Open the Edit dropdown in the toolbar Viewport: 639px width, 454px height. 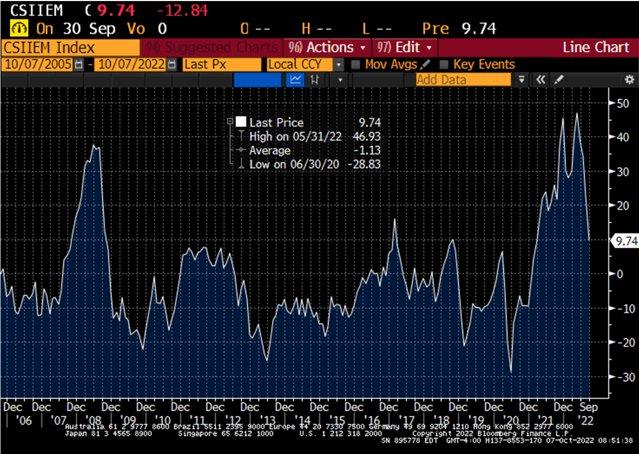click(405, 48)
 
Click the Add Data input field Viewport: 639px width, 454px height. click(463, 80)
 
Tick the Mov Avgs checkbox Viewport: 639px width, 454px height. click(355, 65)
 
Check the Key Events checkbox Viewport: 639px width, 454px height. click(444, 65)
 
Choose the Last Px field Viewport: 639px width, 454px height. click(222, 65)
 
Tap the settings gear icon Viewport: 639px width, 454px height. click(629, 80)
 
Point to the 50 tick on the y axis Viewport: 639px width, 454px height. click(623, 103)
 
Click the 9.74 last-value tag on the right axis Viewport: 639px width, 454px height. click(623, 240)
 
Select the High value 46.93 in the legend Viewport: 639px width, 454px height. click(367, 137)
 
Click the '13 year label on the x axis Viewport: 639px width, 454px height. click(267, 420)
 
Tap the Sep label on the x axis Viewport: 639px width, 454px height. click(588, 407)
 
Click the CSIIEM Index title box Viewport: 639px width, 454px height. click(70, 48)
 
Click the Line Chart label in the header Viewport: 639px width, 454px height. click(596, 48)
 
